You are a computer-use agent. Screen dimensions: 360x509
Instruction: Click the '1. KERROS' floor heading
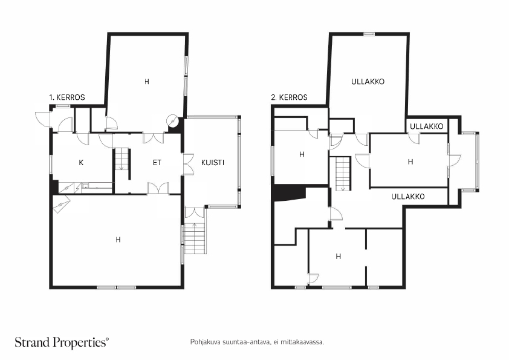click(66, 97)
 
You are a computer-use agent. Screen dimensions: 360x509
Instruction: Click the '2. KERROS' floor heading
click(289, 97)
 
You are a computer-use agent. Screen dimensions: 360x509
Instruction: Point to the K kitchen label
click(80, 162)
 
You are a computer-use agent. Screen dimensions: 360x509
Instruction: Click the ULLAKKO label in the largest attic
click(368, 81)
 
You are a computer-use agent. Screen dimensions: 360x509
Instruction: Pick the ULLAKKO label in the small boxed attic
click(426, 126)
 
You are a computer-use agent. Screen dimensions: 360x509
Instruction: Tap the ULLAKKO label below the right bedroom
click(408, 197)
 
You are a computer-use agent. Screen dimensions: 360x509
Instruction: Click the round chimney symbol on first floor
click(173, 120)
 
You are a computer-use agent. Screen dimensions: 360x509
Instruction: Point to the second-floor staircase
click(343, 173)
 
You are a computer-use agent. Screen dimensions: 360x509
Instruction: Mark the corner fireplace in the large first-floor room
click(62, 206)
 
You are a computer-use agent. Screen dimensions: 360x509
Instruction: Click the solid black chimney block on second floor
click(287, 192)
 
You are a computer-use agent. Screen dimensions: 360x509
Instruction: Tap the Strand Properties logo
click(62, 342)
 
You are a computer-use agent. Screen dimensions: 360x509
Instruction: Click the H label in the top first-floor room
click(146, 81)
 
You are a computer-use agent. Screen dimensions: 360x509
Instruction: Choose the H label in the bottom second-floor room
click(339, 256)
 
